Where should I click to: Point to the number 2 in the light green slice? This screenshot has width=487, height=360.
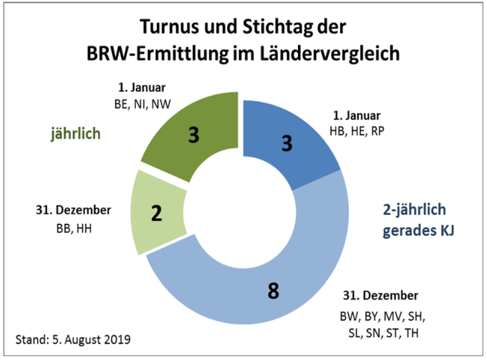tap(157, 214)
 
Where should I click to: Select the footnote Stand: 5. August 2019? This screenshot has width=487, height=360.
tap(73, 340)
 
